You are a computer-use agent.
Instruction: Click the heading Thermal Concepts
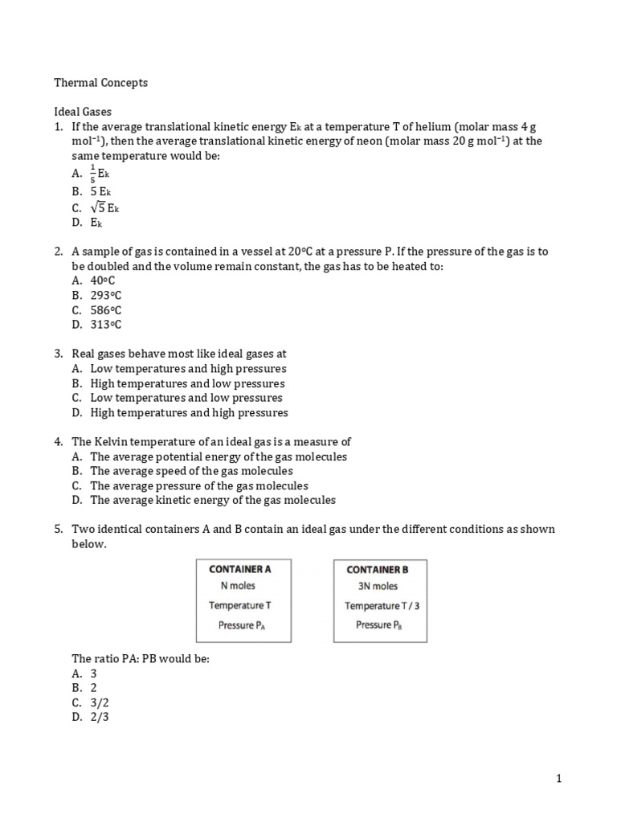(100, 82)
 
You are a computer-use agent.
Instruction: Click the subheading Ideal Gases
(88, 112)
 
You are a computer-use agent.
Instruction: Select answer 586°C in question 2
(106, 310)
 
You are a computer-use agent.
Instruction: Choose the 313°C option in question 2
(106, 325)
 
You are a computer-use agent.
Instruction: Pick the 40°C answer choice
(103, 280)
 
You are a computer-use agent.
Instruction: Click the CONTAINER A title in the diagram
(240, 569)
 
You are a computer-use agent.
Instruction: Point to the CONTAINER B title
(377, 569)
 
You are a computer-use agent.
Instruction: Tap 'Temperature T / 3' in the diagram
(382, 606)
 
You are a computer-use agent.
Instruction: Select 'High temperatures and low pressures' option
(187, 383)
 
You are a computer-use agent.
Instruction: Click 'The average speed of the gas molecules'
(191, 471)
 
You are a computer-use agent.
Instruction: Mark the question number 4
(59, 442)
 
